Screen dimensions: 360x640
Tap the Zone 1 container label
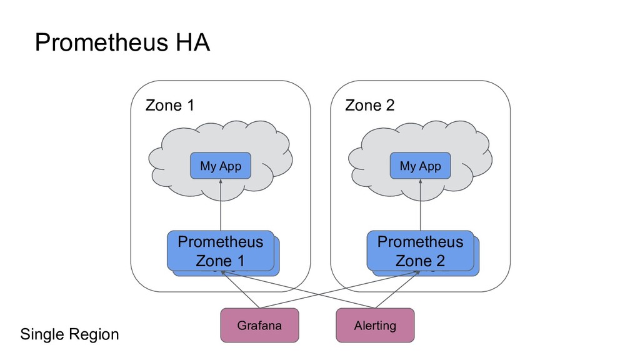tap(169, 106)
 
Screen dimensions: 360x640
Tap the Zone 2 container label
tap(370, 106)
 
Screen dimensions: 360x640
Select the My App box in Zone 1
tap(221, 166)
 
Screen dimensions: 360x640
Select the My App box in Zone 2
tap(420, 166)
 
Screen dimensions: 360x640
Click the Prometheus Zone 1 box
tap(220, 251)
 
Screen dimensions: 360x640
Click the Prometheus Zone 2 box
tap(420, 251)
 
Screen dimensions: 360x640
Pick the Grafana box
tap(259, 325)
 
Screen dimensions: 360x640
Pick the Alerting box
tap(375, 325)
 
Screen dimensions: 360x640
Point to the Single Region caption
tap(69, 334)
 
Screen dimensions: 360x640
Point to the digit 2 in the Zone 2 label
tap(390, 106)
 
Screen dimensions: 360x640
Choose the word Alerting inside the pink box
tap(375, 325)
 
